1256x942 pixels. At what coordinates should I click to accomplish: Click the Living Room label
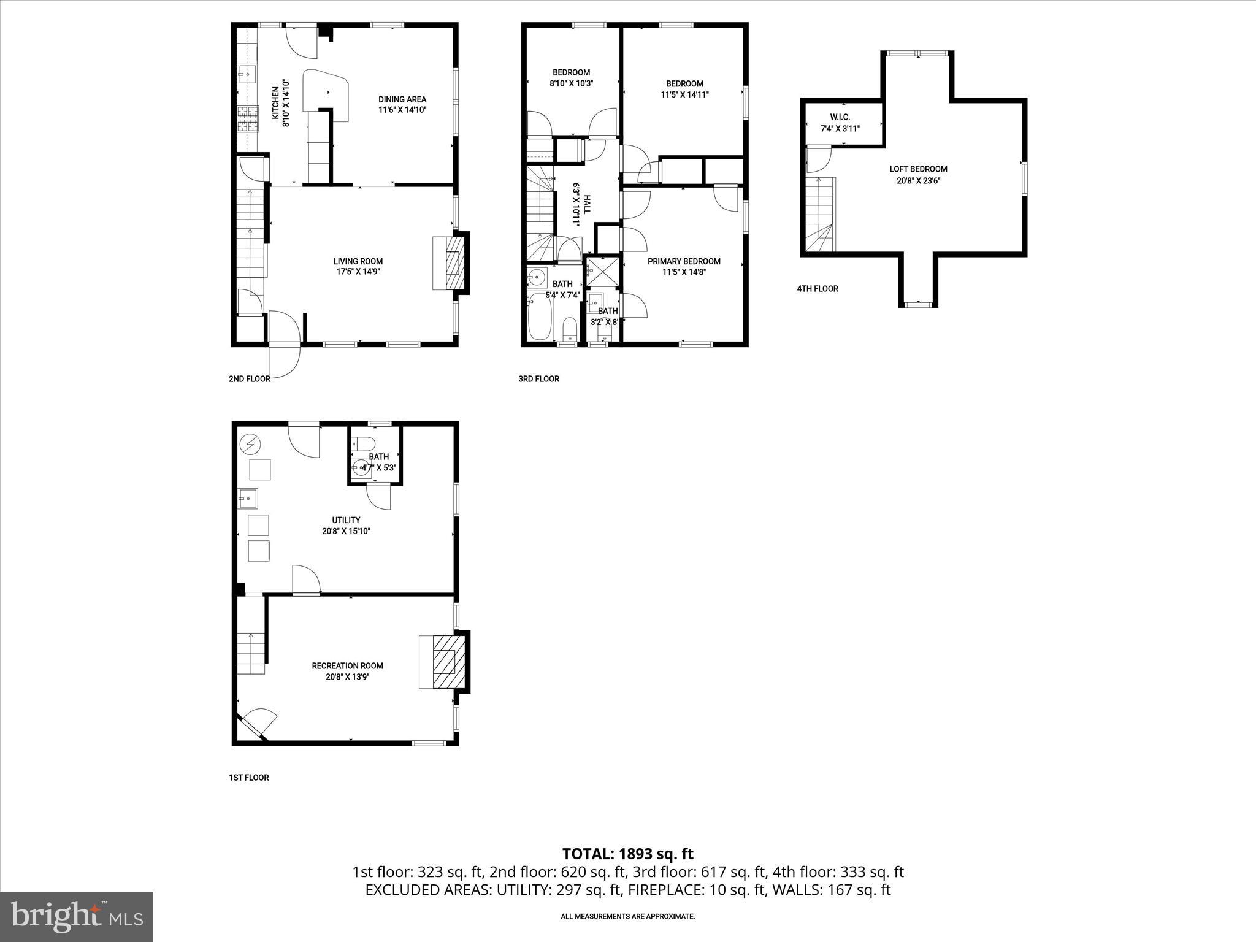coord(358,261)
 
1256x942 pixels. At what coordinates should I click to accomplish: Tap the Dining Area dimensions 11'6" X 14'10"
coord(402,110)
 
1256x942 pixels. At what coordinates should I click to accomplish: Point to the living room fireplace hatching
coord(454,262)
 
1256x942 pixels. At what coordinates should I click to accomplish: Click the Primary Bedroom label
coord(684,261)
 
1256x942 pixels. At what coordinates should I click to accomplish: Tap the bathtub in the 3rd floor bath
coord(540,316)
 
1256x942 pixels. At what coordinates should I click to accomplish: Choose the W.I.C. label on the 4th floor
coord(840,117)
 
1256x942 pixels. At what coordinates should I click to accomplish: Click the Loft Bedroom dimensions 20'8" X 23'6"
coord(918,180)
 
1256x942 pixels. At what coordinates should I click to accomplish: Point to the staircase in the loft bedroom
coord(819,215)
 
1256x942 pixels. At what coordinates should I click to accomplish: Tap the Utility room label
coord(346,520)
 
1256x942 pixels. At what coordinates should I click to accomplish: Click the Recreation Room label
coord(347,665)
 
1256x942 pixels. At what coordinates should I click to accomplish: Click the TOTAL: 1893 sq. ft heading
coord(627,854)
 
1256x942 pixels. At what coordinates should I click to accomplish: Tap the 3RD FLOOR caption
coord(538,378)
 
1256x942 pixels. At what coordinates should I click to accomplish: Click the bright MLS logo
coord(77,916)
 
